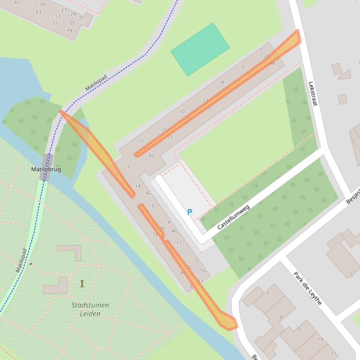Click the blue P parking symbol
tap(190, 212)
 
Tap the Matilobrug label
tap(46, 169)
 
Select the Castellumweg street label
tap(233, 217)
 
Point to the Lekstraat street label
tap(313, 94)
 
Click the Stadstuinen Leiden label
tap(90, 309)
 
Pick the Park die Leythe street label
tap(308, 288)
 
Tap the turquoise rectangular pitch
tap(200, 49)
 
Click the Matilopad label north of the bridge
tap(96, 83)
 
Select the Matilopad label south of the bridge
tap(21, 260)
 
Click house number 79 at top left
tap(69, 31)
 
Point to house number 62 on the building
tap(151, 155)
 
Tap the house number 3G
tap(148, 193)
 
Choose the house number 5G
tap(203, 270)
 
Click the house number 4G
tap(175, 230)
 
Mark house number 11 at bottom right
tap(333, 353)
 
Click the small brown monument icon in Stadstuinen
tap(82, 283)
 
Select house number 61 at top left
tap(18, 3)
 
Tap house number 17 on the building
tap(178, 243)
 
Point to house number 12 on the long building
tap(141, 141)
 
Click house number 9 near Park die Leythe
tap(299, 329)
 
